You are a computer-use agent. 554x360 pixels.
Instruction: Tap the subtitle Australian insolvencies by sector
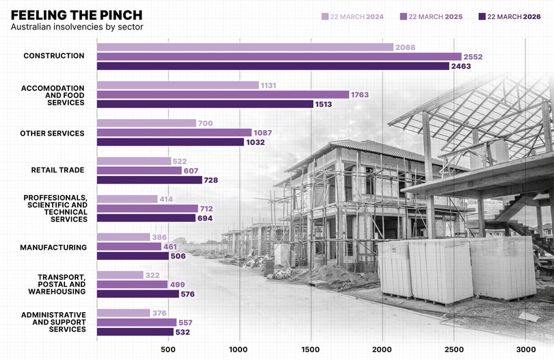coord(77,27)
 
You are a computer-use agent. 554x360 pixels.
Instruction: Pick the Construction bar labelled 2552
coord(279,56)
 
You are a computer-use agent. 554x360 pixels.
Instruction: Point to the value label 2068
coord(406,47)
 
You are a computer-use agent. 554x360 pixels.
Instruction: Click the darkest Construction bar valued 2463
coord(273,66)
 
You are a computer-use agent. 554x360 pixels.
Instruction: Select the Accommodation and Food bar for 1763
coord(223,94)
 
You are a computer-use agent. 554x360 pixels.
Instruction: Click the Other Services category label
coord(52,133)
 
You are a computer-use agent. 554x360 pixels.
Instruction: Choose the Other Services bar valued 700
coord(146,123)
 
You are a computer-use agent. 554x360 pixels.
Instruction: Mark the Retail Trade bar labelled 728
coord(149,180)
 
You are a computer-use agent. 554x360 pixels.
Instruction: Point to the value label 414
coord(166,199)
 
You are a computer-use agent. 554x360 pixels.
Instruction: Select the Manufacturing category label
coord(53,247)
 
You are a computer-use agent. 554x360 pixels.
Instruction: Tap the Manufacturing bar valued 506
coord(133,256)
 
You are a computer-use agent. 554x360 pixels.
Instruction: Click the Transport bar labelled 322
coord(120,275)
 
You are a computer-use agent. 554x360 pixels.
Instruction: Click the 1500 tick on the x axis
coord(311,349)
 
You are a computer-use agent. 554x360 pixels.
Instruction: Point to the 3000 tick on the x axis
coord(525,349)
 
